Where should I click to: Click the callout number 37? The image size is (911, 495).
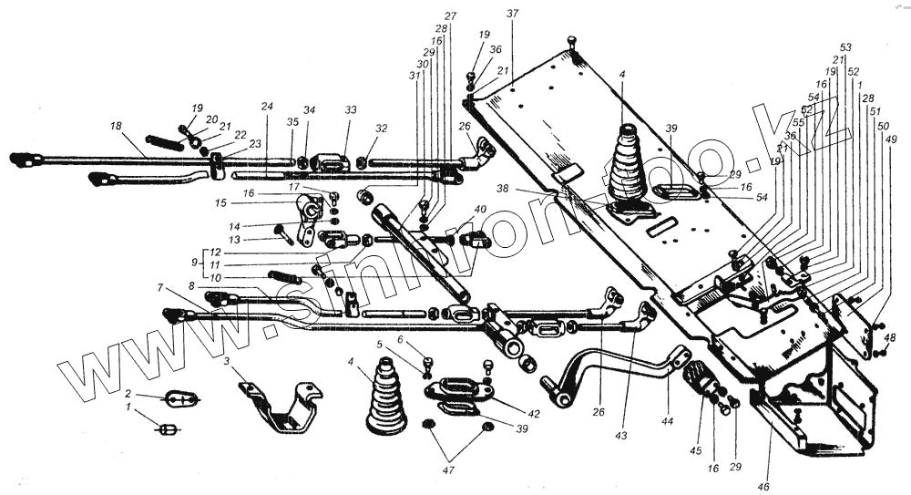[x=512, y=15]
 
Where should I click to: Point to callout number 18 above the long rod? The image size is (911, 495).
[x=115, y=125]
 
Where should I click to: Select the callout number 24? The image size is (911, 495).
[x=267, y=107]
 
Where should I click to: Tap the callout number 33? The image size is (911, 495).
[x=351, y=109]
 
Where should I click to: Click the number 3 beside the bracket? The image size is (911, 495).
[x=227, y=362]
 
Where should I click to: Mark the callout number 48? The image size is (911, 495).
[x=890, y=337]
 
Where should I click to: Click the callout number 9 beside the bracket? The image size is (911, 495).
[x=192, y=263]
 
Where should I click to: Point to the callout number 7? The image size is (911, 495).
[x=160, y=288]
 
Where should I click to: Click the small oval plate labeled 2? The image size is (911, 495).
[x=180, y=398]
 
